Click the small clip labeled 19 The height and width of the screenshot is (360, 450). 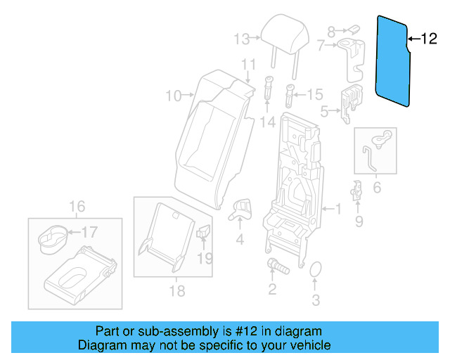tap(205, 232)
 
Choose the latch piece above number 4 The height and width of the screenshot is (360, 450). tap(241, 207)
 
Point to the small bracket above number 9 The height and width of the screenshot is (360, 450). tap(357, 190)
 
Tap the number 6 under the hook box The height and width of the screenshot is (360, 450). tap(376, 188)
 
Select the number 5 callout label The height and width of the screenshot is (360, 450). tap(324, 110)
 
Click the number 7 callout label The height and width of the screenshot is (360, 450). tap(321, 46)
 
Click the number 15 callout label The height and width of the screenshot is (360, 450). tap(314, 94)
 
